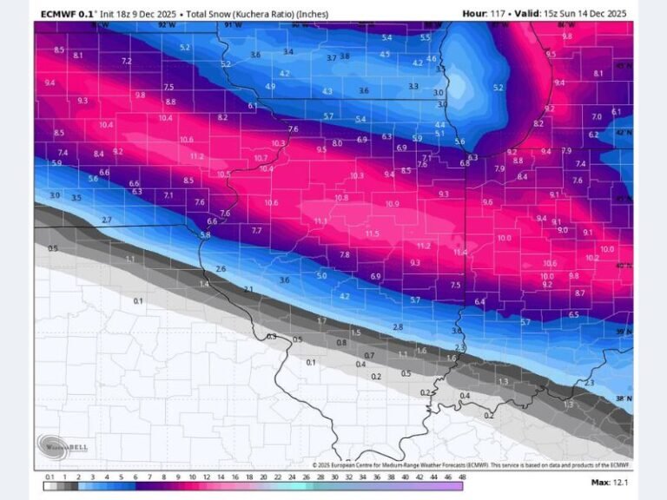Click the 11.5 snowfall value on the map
(372, 234)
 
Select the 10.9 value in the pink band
(392, 204)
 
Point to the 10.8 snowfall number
(341, 198)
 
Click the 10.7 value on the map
(261, 158)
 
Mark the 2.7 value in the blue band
(107, 220)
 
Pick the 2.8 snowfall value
(398, 326)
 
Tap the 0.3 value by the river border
(271, 337)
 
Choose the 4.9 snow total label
(270, 87)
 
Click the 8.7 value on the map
(579, 293)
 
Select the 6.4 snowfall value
(479, 301)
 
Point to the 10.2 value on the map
(592, 258)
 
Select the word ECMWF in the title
(61, 13)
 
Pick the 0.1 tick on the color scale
(50, 477)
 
